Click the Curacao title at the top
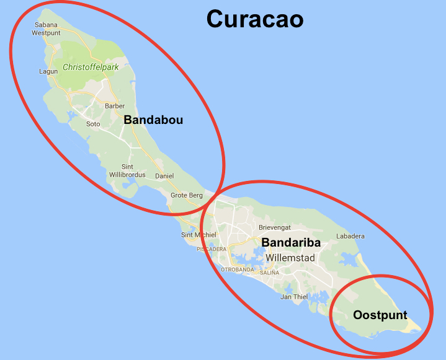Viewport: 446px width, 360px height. [255, 19]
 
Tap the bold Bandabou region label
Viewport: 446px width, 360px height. [153, 120]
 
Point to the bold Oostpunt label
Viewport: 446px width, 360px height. [380, 315]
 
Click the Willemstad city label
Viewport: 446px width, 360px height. [290, 258]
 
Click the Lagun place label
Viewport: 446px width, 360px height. [48, 72]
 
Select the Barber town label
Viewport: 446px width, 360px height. [115, 106]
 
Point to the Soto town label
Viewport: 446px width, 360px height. [93, 124]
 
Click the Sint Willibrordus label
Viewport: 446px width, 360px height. [127, 171]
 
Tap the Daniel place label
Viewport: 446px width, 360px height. [164, 176]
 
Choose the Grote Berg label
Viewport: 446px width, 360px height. [187, 196]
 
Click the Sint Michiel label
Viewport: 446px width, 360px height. [198, 235]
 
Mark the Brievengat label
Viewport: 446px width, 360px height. [275, 227]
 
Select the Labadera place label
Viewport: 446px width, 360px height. [350, 236]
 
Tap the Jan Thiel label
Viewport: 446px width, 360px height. [294, 297]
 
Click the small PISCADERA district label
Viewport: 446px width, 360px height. [212, 249]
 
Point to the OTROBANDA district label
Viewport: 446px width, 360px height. [238, 270]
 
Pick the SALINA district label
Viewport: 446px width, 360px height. [270, 273]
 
